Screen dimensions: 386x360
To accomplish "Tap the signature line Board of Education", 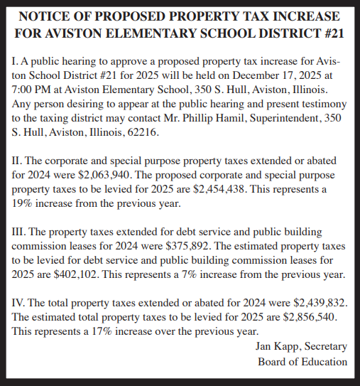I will (x=303, y=361).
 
